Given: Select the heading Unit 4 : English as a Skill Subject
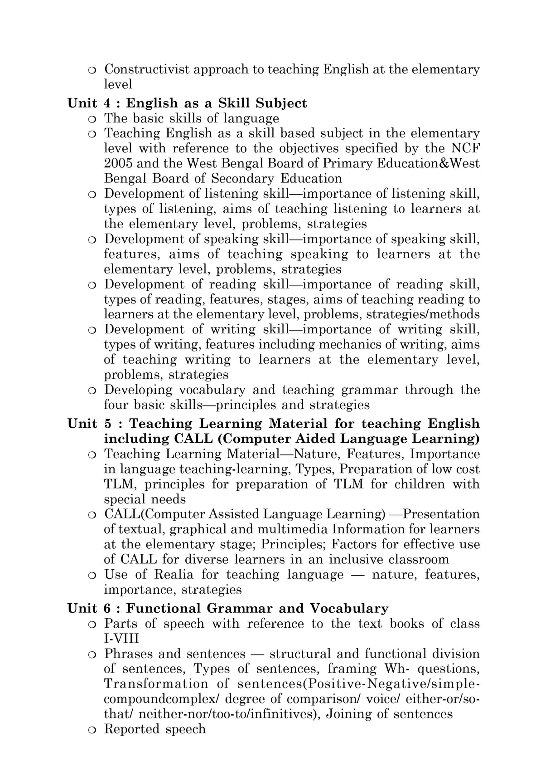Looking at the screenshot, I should pos(187,103).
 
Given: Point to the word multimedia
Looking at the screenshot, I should pos(293,529).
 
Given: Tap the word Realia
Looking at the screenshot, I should pos(174,575).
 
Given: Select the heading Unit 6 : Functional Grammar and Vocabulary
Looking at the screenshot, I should pos(228,608).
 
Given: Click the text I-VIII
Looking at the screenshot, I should pos(121,639).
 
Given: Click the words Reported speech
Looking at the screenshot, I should pos(155,729).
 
